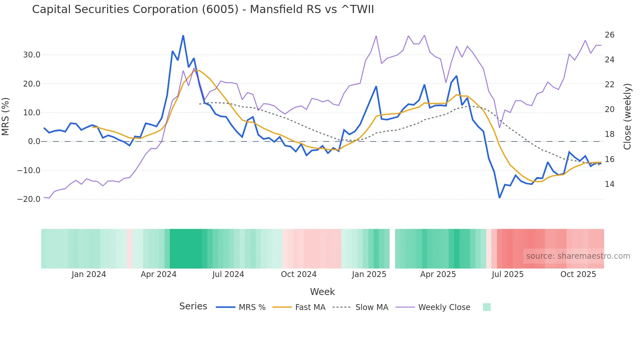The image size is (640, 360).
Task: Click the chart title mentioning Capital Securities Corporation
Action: (x=203, y=9)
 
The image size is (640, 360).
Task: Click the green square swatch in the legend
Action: (x=487, y=307)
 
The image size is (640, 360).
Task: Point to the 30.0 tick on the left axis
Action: (x=32, y=55)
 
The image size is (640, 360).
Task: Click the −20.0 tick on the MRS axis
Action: (x=29, y=199)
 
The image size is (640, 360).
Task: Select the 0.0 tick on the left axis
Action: (x=34, y=141)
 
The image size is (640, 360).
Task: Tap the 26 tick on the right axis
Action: (x=609, y=35)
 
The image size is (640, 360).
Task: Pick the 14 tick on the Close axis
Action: (x=609, y=184)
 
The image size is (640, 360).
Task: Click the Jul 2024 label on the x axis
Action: (x=228, y=274)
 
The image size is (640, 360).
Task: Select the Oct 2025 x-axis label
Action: (x=578, y=274)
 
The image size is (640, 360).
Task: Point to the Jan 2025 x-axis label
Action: (x=369, y=274)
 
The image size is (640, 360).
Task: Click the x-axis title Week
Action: (x=322, y=292)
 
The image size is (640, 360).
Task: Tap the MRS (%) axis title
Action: (x=6, y=117)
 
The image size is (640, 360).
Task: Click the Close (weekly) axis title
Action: (x=627, y=117)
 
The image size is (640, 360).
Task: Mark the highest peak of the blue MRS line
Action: (x=183, y=36)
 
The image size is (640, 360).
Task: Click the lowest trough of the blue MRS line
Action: (x=500, y=197)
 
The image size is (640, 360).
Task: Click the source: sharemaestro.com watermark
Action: (x=578, y=256)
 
